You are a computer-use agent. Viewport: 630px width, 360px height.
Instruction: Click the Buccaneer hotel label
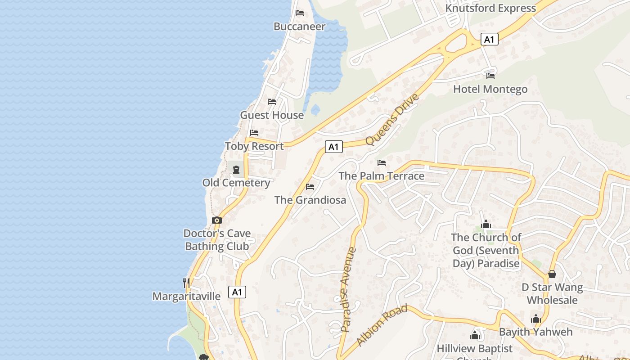(299, 27)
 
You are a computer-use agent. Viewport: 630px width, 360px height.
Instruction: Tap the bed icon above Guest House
(272, 102)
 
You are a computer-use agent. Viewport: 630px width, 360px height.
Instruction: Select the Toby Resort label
(254, 146)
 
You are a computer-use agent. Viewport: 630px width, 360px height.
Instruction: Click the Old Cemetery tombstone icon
(236, 170)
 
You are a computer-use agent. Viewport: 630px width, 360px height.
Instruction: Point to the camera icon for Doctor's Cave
(217, 220)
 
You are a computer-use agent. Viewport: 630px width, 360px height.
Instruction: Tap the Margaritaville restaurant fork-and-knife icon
(186, 283)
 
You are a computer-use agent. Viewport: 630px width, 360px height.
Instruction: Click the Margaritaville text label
(186, 297)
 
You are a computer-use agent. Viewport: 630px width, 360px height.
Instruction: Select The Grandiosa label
(310, 200)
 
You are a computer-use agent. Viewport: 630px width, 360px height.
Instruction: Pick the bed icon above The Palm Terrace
(382, 162)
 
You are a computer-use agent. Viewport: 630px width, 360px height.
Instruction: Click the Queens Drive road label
(392, 119)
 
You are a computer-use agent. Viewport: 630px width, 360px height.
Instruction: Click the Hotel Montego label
(490, 89)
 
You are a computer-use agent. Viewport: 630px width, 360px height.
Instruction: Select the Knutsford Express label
(490, 8)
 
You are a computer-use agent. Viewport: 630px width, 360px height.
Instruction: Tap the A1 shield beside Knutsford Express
(489, 40)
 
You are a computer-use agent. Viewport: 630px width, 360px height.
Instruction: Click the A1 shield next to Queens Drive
(333, 147)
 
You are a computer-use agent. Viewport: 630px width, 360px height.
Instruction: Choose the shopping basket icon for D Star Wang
(552, 274)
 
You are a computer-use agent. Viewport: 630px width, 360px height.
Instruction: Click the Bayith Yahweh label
(535, 332)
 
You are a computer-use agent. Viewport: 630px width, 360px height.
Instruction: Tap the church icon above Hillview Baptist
(475, 335)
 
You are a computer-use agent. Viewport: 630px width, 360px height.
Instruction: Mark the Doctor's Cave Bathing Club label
(217, 240)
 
